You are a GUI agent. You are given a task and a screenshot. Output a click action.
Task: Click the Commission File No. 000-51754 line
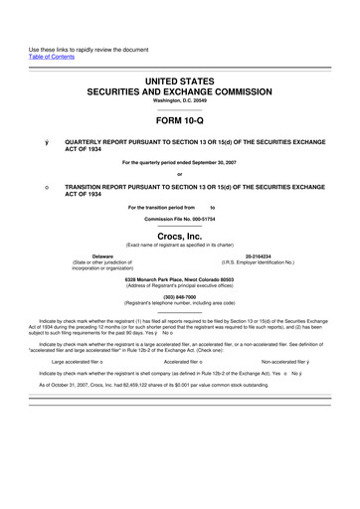pyautogui.click(x=180, y=217)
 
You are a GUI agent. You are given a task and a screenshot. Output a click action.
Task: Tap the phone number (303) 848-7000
pyautogui.click(x=180, y=295)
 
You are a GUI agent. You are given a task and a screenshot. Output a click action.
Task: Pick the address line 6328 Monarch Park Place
pyautogui.click(x=180, y=278)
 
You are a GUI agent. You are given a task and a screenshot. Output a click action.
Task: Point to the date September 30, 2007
pyautogui.click(x=214, y=162)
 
